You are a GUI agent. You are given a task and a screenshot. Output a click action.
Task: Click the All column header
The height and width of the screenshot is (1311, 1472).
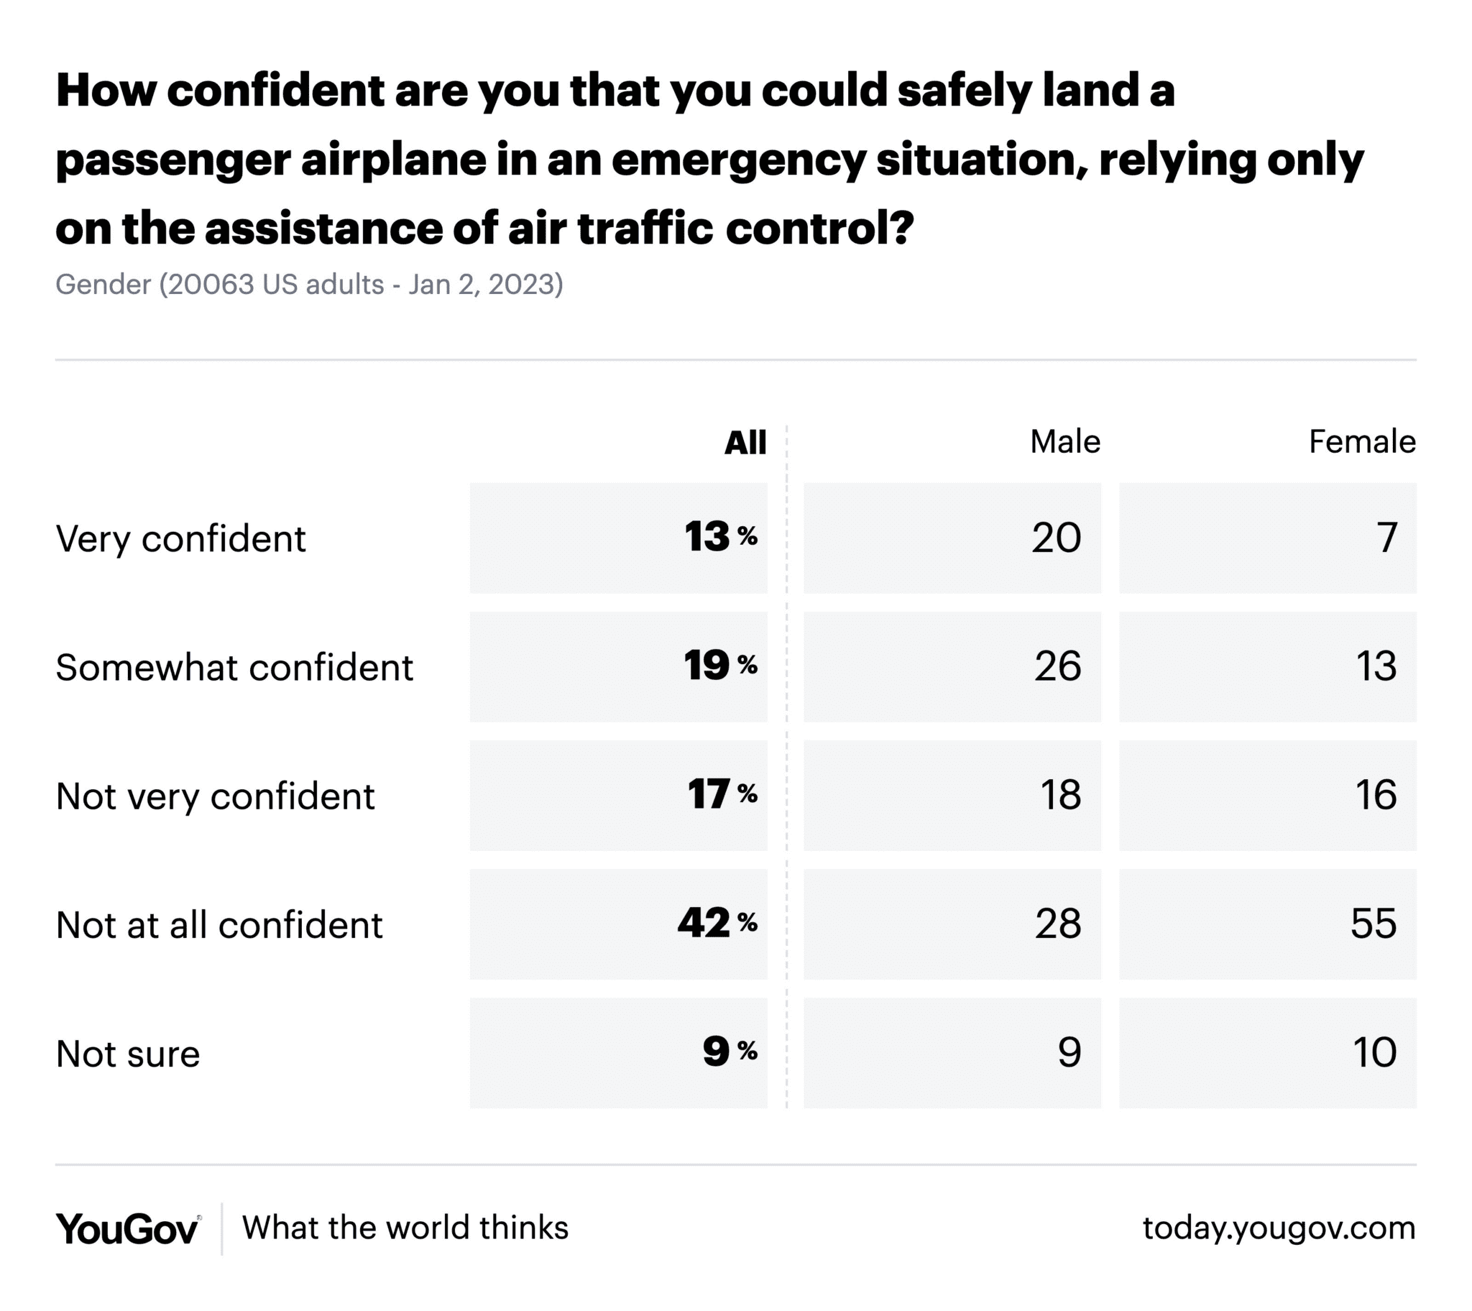(745, 442)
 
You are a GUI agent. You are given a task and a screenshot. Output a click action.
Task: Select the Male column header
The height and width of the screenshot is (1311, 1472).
(1064, 441)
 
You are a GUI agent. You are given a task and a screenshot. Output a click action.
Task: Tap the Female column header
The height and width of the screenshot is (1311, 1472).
(1361, 441)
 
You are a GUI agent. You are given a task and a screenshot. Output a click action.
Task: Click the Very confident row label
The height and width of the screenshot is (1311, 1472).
(180, 539)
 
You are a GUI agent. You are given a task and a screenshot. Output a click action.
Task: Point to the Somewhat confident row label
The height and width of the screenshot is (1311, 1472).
(234, 668)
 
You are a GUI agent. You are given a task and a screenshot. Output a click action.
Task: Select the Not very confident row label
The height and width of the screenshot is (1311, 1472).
(216, 796)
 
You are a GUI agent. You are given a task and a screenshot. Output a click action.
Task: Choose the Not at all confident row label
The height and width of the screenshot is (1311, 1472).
(219, 925)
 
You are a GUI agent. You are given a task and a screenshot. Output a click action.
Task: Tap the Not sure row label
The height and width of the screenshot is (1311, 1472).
(127, 1054)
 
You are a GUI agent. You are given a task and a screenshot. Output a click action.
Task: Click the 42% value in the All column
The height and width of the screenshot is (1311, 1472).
(717, 924)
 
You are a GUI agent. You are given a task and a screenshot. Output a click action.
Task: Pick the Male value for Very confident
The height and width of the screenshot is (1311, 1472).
(1056, 538)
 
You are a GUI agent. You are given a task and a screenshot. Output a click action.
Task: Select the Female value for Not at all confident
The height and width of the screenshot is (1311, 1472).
(1373, 924)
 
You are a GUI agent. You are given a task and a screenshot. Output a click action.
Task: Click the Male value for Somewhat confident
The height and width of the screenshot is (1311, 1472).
(1057, 666)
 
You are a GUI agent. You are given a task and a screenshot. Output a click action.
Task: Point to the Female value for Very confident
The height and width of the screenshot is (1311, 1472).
(1387, 538)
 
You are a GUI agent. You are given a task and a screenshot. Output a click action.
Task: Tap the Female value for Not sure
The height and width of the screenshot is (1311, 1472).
(1374, 1052)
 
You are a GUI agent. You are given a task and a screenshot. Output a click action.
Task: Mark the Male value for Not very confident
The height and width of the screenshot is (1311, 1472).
(1060, 795)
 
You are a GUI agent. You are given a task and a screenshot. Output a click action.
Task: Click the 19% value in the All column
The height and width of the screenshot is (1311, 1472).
(719, 666)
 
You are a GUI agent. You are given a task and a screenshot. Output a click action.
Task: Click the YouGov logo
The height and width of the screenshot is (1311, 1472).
(127, 1229)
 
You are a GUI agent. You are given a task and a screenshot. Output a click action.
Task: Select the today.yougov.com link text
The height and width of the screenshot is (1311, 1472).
(1278, 1228)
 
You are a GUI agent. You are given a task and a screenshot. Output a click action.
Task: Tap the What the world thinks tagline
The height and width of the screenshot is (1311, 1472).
(405, 1228)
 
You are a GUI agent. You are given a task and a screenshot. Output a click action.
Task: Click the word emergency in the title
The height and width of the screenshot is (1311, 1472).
(738, 160)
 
